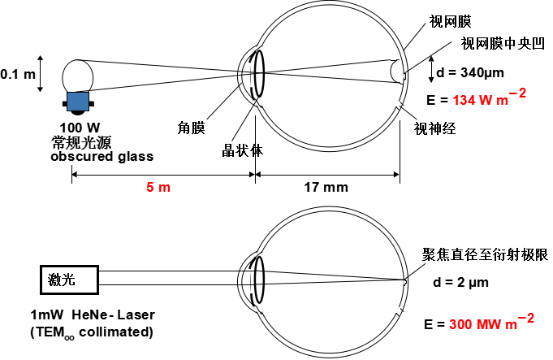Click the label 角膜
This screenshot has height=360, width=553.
191,127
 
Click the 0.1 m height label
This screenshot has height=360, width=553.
18,74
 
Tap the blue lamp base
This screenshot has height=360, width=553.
78,101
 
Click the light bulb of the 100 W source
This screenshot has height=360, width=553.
79,74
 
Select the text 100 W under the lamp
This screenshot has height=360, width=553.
79,128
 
